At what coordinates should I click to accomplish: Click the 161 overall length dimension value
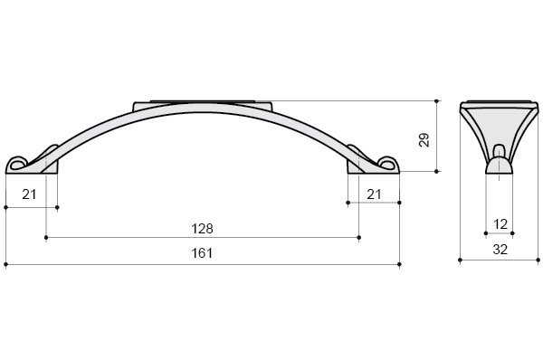pyautogui.click(x=202, y=253)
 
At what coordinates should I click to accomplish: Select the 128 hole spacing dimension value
pyautogui.click(x=202, y=229)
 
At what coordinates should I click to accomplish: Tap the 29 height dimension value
pyautogui.click(x=424, y=140)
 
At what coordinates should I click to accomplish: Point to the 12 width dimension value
pyautogui.click(x=500, y=224)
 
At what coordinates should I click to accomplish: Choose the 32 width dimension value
pyautogui.click(x=500, y=250)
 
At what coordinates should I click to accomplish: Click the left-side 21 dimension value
pyautogui.click(x=29, y=194)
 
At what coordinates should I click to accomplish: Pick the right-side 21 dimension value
pyautogui.click(x=374, y=194)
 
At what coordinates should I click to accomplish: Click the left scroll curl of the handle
pyautogui.click(x=17, y=164)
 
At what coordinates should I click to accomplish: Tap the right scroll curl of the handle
pyautogui.click(x=388, y=164)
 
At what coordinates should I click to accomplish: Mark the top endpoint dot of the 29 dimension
pyautogui.click(x=436, y=101)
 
